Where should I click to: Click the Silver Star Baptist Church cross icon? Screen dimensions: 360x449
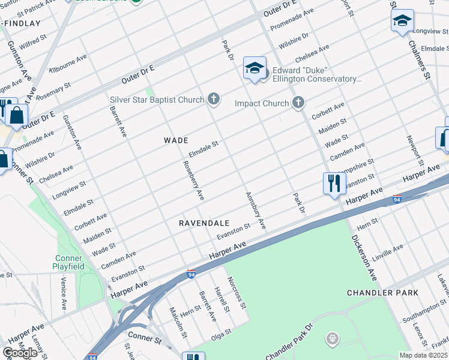point(213,99)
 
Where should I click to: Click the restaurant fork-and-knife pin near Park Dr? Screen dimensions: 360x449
point(334,183)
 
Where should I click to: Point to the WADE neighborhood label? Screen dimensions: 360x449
point(176,140)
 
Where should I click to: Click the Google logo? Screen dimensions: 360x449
point(20,353)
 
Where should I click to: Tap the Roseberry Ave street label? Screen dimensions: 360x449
point(194,181)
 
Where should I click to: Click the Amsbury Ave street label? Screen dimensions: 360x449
point(255,211)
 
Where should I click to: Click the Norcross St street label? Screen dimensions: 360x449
point(237,292)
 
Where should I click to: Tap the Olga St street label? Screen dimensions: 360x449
point(220,334)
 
